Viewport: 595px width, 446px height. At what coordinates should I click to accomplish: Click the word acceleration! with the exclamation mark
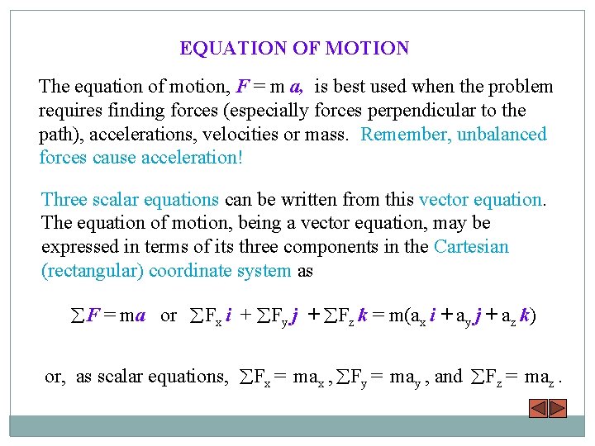193,157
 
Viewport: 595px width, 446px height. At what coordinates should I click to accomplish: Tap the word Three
63,199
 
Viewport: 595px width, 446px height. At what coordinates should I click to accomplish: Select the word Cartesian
471,247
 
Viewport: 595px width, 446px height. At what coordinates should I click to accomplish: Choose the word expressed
77,247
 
